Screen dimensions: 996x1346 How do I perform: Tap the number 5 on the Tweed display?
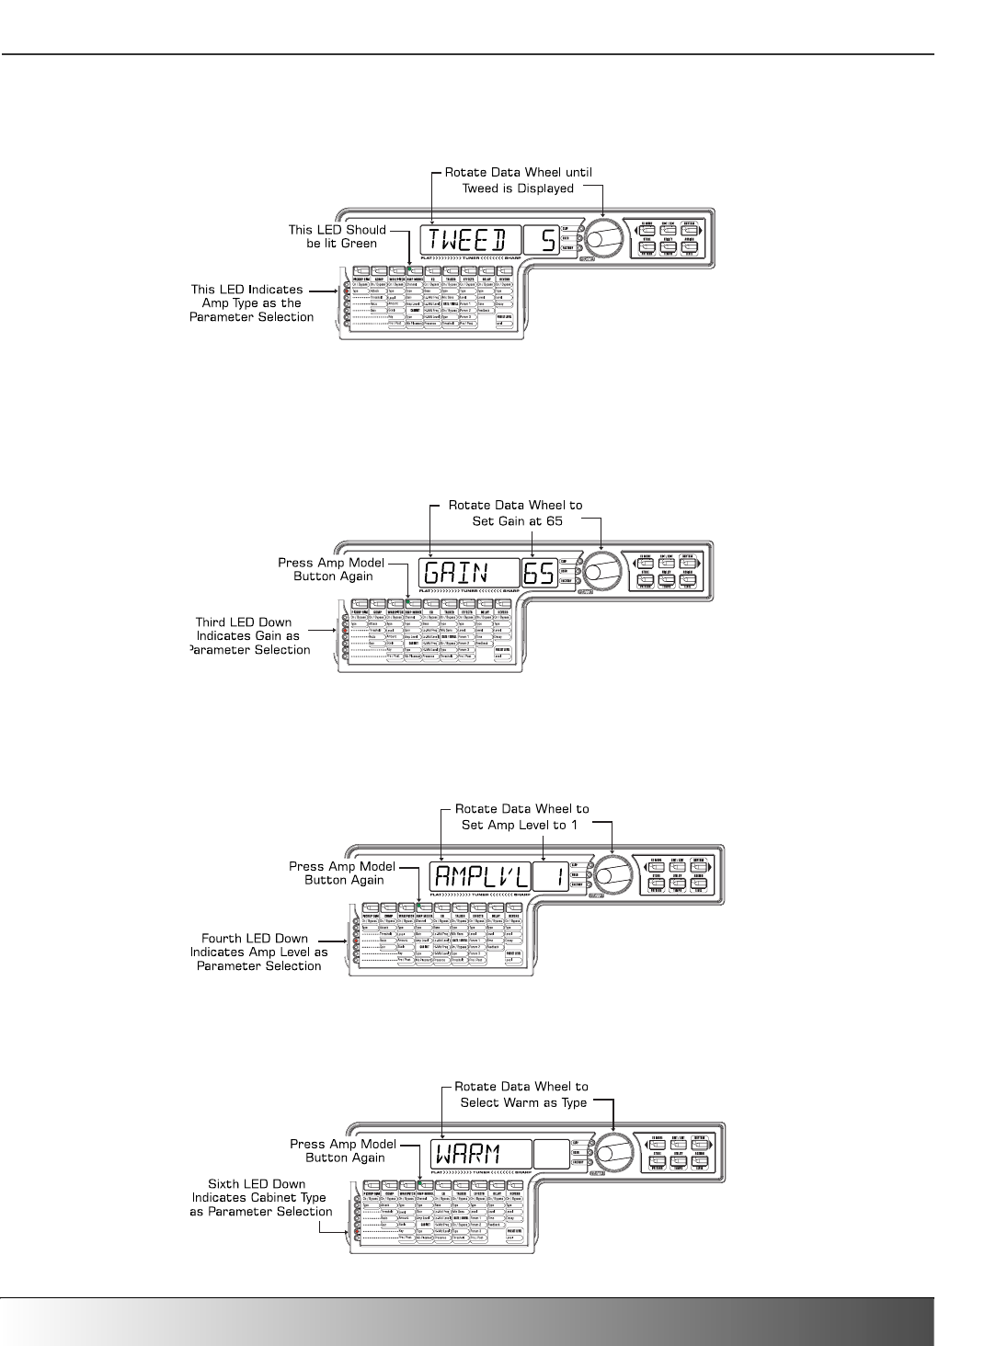(547, 241)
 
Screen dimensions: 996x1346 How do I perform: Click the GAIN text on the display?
(458, 574)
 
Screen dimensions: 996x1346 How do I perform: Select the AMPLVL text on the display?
(477, 877)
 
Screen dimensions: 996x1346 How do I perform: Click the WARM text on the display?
(465, 1155)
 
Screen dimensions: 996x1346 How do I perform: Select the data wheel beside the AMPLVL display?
(611, 874)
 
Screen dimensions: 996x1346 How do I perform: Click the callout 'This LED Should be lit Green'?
(337, 236)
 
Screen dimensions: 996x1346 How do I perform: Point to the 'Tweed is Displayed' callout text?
(517, 188)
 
